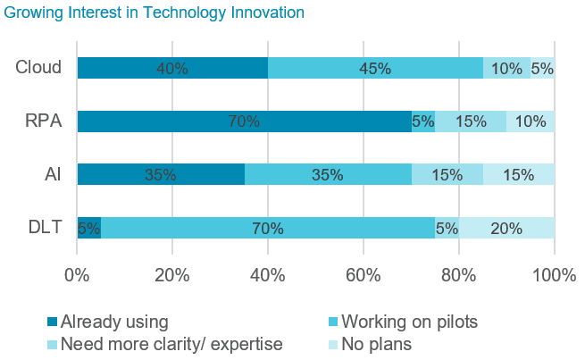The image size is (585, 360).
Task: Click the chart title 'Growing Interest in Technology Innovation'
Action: click(x=155, y=13)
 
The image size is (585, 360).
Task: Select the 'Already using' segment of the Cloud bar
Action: click(x=172, y=68)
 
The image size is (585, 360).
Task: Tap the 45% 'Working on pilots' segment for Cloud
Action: click(x=375, y=68)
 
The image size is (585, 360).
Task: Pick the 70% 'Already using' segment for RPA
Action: click(x=244, y=121)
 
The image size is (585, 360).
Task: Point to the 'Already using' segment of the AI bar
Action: click(x=161, y=175)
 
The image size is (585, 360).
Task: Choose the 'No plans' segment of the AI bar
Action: click(x=518, y=175)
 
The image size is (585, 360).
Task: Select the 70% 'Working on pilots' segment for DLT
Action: click(x=268, y=229)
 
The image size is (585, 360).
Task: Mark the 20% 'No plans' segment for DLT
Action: click(x=506, y=229)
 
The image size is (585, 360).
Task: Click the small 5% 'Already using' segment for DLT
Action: click(x=88, y=229)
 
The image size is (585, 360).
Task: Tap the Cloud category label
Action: click(x=38, y=68)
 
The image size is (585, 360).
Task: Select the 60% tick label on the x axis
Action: click(x=364, y=275)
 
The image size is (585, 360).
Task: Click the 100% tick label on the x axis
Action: click(x=554, y=275)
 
